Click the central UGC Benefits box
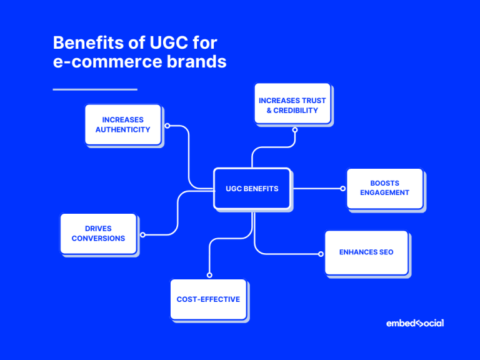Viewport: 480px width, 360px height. coord(252,188)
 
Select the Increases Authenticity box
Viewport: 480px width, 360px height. coord(122,125)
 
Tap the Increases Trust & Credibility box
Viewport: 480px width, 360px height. coord(292,104)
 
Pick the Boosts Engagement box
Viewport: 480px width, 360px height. coord(384,188)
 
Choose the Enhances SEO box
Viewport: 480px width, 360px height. coord(366,252)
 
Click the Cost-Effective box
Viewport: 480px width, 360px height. coord(208,299)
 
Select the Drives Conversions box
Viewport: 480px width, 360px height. coord(98,234)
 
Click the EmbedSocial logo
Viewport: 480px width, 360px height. coord(415,323)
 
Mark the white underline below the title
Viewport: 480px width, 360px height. coord(95,89)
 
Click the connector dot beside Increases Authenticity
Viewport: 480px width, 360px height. coord(167,126)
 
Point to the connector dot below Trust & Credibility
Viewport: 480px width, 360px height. coord(295,130)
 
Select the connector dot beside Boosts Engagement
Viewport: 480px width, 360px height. coord(342,188)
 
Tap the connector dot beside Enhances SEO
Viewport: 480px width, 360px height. coord(321,254)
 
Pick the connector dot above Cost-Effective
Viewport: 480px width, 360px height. coord(209,274)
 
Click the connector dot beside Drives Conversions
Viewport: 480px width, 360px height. coord(142,235)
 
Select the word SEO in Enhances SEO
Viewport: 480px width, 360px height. coord(385,252)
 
